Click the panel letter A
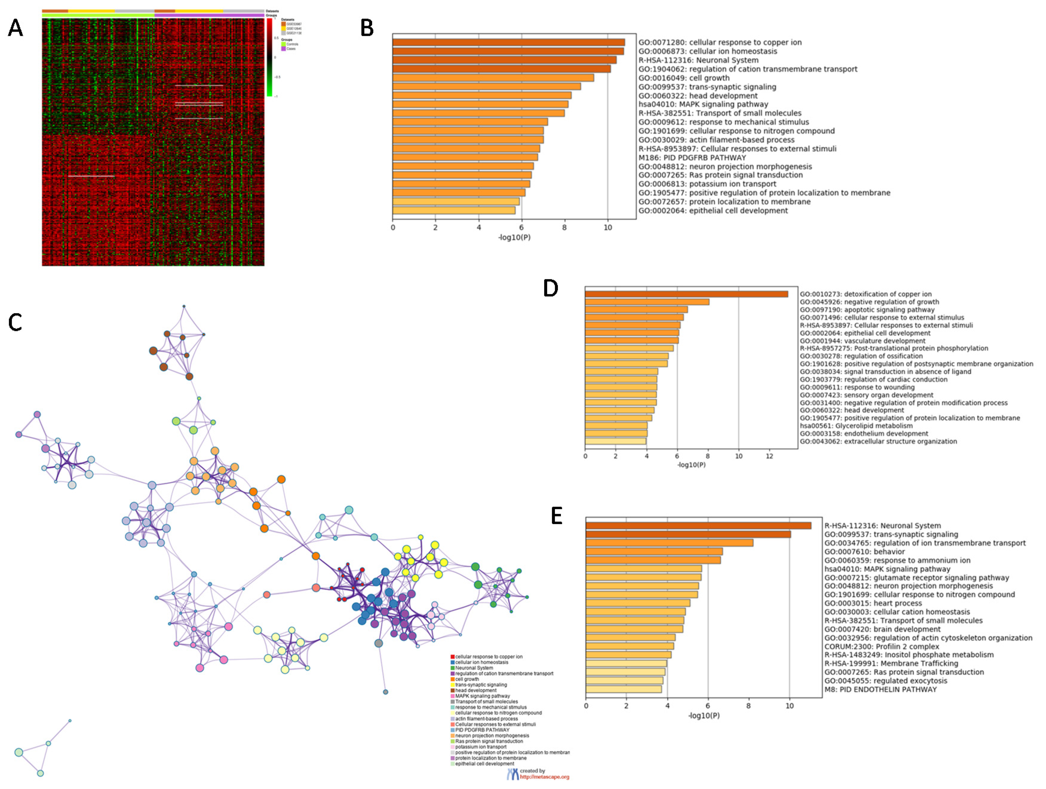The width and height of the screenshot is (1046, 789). tap(15, 28)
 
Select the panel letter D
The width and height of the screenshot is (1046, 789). tap(551, 288)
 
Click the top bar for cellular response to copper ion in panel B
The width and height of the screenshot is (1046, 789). tap(508, 42)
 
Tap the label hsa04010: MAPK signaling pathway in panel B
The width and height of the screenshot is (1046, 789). tap(703, 104)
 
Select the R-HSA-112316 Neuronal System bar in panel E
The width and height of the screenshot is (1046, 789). tap(698, 526)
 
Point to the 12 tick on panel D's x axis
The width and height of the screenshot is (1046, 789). tap(769, 456)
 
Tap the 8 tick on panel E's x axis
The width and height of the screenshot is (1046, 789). tap(749, 706)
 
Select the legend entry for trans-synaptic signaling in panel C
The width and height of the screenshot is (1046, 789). tap(481, 684)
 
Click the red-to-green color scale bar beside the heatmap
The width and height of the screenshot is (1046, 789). tap(269, 57)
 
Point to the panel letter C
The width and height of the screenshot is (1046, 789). tap(15, 323)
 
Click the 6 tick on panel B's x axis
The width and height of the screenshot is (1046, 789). tap(522, 228)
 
